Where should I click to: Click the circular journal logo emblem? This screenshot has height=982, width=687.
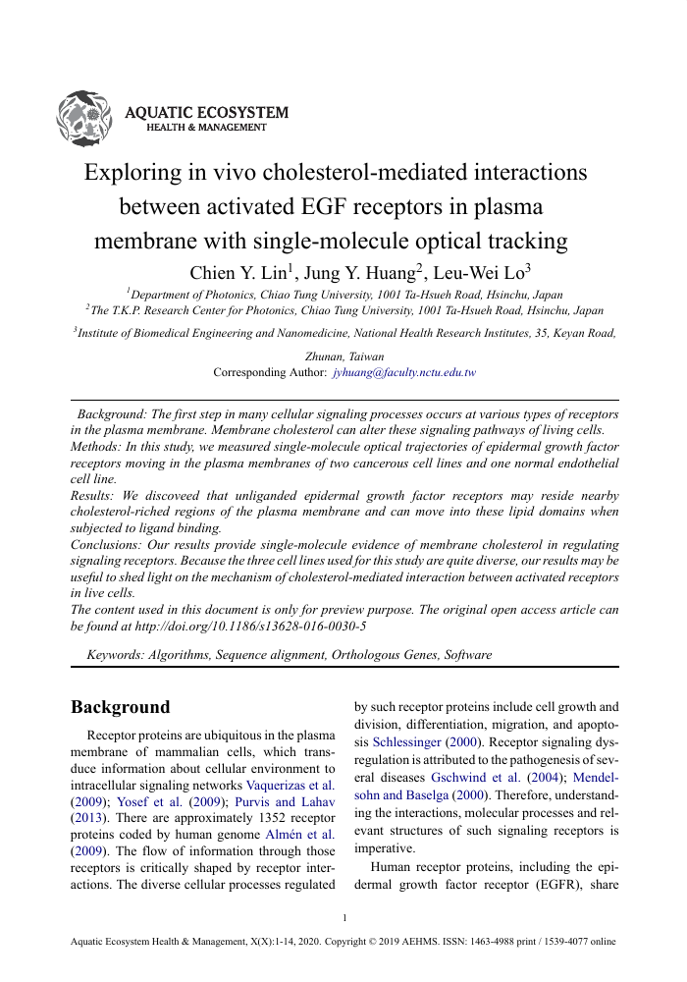pyautogui.click(x=87, y=117)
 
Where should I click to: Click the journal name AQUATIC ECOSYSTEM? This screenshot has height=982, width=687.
pyautogui.click(x=207, y=113)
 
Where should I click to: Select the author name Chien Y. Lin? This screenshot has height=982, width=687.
pyautogui.click(x=228, y=274)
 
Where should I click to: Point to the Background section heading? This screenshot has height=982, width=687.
pyautogui.click(x=121, y=707)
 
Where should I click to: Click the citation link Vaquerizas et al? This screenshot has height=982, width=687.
pyautogui.click(x=292, y=785)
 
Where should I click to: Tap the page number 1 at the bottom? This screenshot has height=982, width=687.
pyautogui.click(x=344, y=917)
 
